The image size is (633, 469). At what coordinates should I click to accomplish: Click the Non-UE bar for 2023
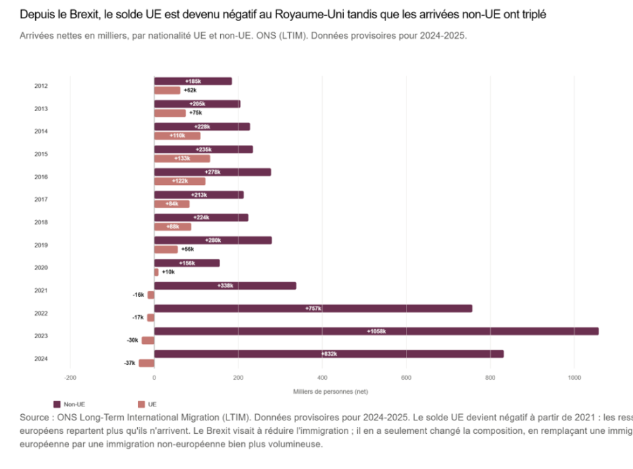coord(376,331)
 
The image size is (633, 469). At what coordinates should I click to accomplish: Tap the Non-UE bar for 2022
coord(313,308)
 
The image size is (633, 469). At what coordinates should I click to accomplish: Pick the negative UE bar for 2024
coord(146,363)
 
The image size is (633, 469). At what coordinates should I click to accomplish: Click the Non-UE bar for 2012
coord(193,81)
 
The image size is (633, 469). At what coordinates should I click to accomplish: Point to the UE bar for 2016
coord(179,181)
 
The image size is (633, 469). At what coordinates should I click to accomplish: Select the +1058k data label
coord(376,331)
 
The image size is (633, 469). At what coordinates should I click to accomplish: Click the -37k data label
coord(129,363)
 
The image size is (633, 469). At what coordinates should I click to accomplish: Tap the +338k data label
coord(226,285)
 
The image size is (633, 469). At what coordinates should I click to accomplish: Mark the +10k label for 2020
coord(168,272)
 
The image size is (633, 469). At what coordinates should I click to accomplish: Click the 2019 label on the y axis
coord(41,245)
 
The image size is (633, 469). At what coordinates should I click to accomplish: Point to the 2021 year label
coord(41,290)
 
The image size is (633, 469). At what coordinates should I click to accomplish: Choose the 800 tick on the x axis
coord(490,378)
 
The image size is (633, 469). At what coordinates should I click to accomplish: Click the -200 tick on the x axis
coord(70,378)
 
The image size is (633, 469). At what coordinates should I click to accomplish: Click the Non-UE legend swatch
coord(56,404)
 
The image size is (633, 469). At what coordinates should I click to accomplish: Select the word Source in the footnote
coord(37,418)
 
